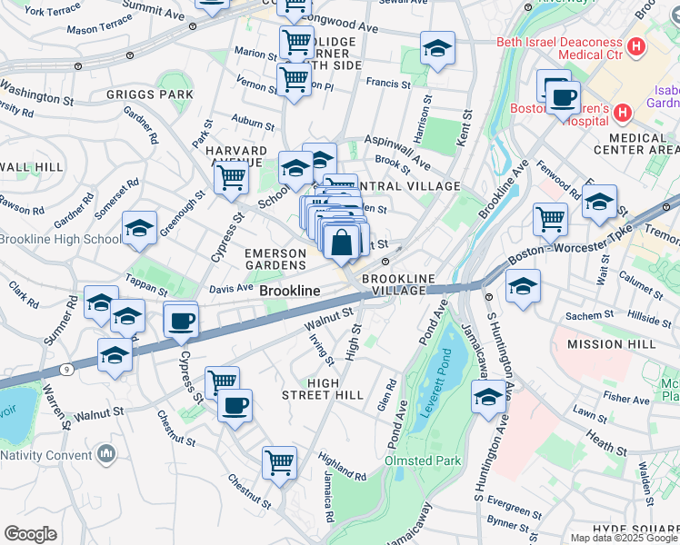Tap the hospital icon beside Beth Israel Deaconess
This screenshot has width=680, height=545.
(636, 45)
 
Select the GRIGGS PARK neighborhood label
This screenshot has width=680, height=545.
(150, 94)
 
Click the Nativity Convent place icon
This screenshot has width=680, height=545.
(107, 452)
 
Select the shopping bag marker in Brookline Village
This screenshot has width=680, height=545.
(342, 246)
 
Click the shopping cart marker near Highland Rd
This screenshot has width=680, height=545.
(279, 461)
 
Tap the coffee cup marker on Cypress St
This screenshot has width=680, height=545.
(182, 320)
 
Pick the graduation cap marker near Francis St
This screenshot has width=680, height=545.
(437, 50)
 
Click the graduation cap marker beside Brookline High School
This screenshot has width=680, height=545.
(139, 229)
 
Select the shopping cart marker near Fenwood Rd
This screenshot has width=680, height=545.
(550, 219)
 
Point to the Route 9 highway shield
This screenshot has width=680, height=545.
(67, 369)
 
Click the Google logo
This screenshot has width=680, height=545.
(29, 534)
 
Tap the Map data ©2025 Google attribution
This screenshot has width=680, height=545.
(624, 538)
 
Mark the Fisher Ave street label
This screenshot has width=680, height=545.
(626, 398)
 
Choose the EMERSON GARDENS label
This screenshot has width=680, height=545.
(274, 259)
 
